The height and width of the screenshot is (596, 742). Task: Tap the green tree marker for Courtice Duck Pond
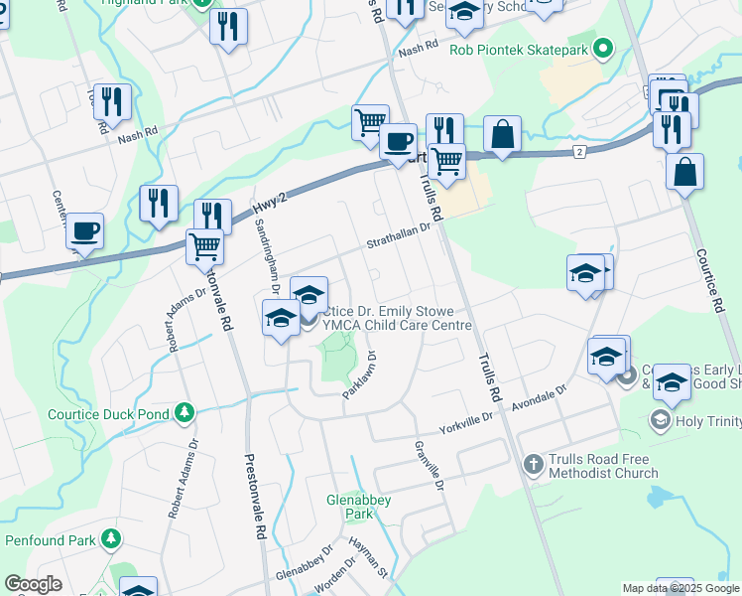[x=183, y=411]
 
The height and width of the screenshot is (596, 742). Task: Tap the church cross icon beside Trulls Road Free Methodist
[x=533, y=464]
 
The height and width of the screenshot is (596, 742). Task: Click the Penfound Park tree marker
[x=110, y=539]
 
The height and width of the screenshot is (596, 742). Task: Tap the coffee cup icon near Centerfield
[x=84, y=231]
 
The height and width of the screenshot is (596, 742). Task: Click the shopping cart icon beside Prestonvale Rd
[x=204, y=244]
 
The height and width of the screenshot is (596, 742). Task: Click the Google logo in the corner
[x=33, y=585]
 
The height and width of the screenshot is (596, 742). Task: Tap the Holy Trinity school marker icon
[x=660, y=420]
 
